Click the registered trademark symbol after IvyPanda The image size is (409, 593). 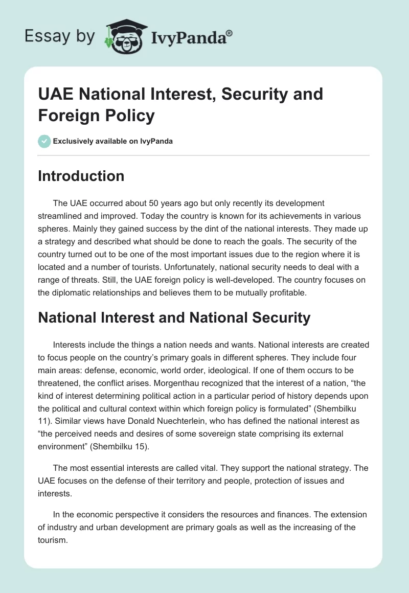point(230,33)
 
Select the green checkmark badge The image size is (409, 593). point(44,141)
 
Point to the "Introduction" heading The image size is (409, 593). point(81,176)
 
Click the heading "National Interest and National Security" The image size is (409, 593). point(174,317)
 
